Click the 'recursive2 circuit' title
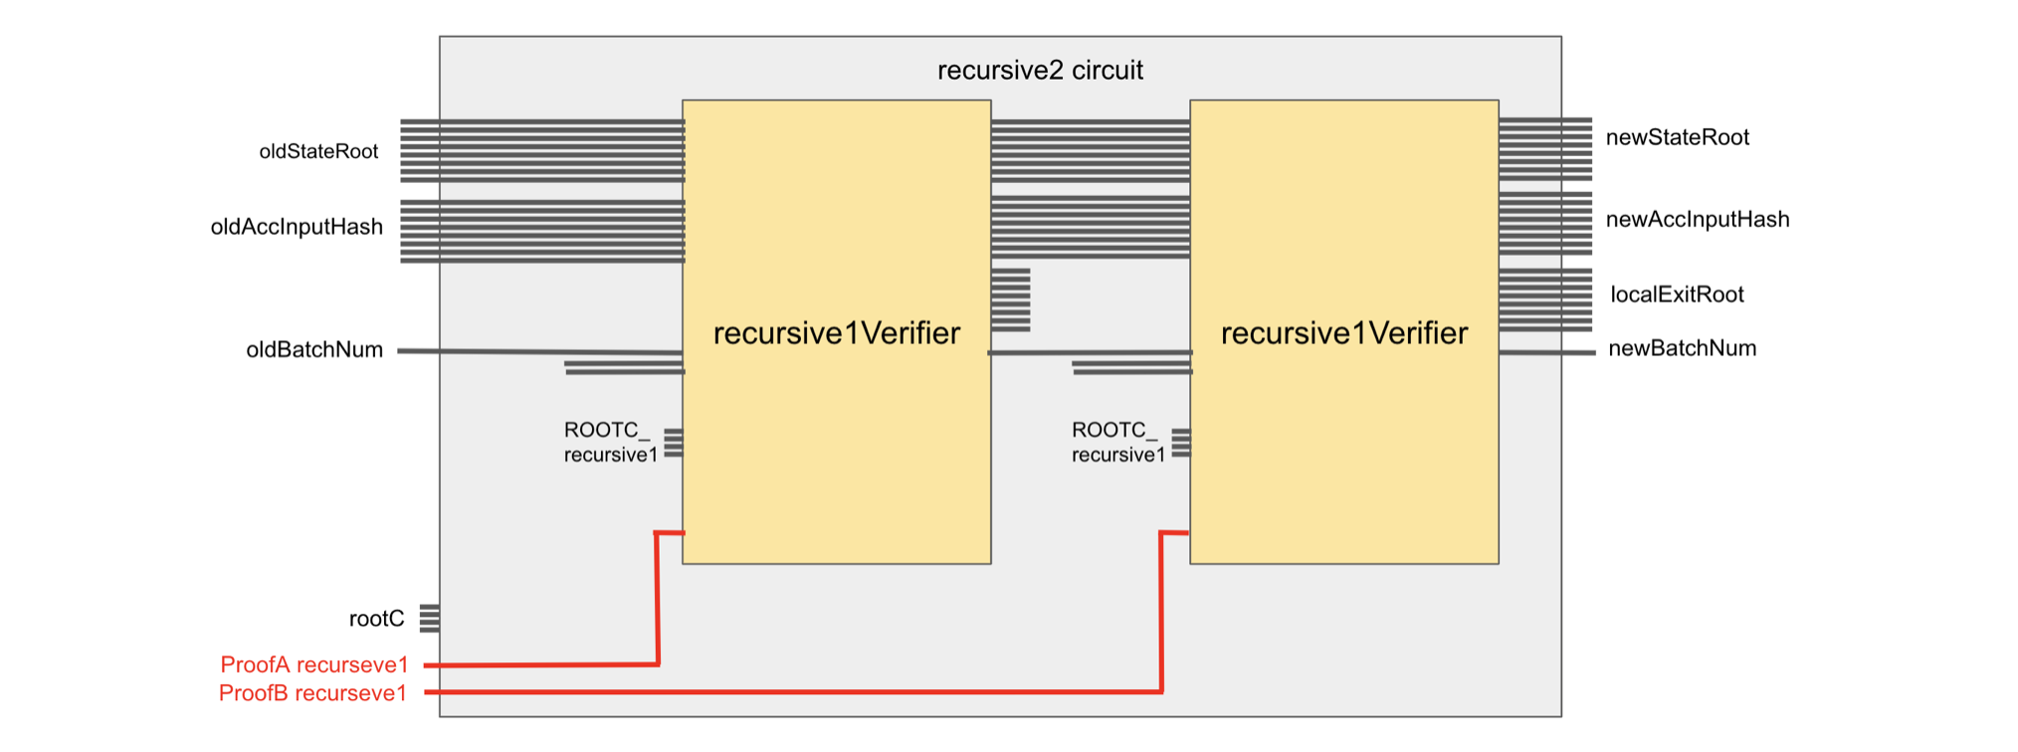1040,71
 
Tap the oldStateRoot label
318,151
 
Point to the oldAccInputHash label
297,227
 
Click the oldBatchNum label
314,349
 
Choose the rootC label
376,619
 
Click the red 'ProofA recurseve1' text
314,664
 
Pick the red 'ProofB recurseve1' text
312,693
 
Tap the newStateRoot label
1677,137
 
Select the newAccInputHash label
1697,219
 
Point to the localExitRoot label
1677,294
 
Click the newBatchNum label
1682,348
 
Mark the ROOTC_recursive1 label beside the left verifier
610,443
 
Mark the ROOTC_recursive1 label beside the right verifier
1117,443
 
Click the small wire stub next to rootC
430,618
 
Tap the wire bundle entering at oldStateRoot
542,150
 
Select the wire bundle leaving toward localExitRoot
1545,299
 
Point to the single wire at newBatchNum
1547,352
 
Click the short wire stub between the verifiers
1011,299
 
